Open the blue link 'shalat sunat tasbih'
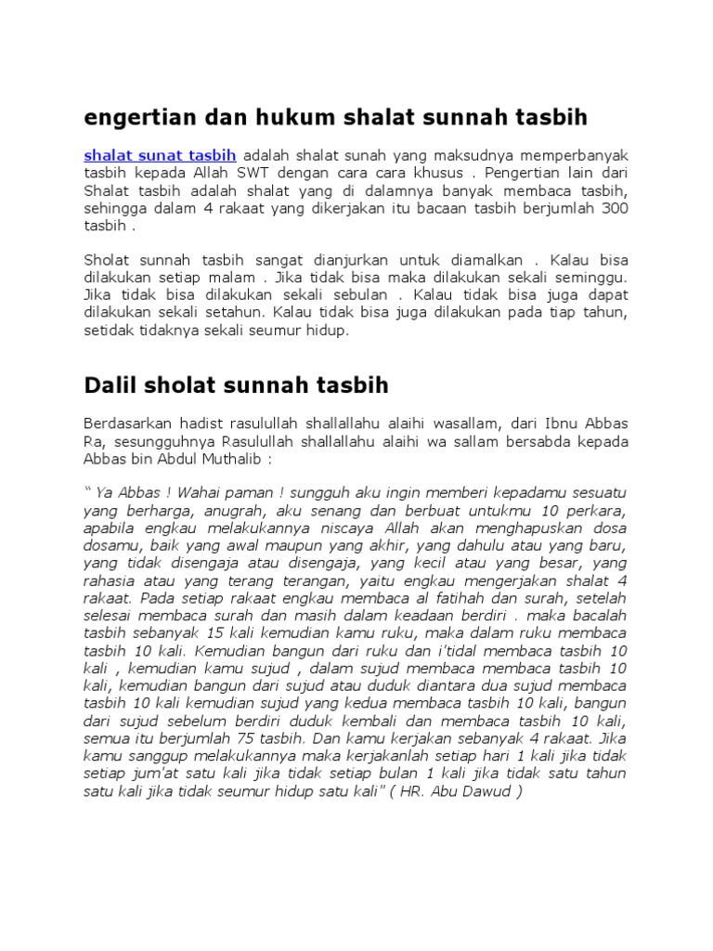pyautogui.click(x=160, y=155)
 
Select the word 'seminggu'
pyautogui.click(x=594, y=278)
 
